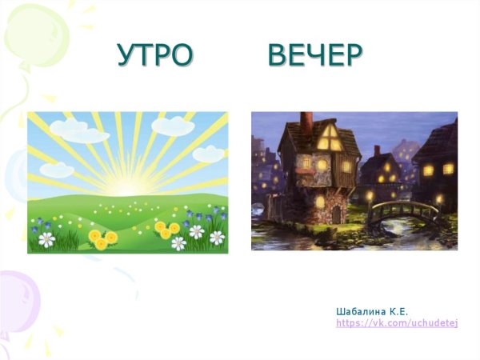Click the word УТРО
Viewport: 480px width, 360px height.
tap(155, 54)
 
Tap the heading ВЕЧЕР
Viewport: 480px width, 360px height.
tap(315, 54)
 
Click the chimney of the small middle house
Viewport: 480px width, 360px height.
tap(377, 150)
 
